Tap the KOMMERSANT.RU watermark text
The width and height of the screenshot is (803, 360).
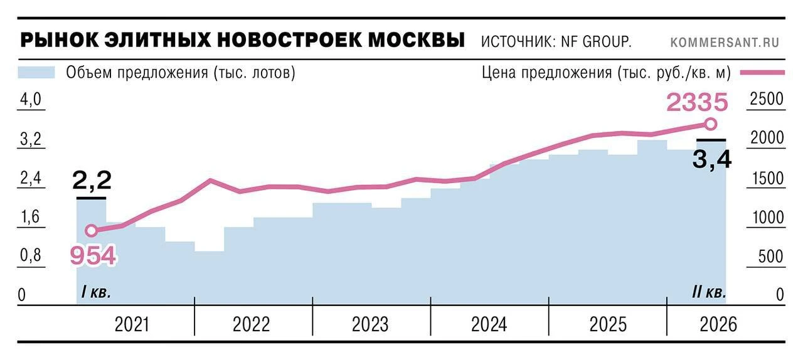725,42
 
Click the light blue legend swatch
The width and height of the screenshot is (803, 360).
36,72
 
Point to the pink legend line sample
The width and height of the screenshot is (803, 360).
762,72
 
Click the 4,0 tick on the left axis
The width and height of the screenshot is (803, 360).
31,99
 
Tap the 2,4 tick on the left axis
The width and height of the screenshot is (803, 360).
31,177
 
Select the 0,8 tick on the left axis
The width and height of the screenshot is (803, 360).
31,255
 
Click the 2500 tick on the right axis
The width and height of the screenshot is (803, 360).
767,98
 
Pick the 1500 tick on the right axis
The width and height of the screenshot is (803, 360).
767,178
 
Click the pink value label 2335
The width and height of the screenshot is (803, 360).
697,102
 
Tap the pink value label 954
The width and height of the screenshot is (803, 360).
93,255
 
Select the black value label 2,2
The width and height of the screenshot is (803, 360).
92,180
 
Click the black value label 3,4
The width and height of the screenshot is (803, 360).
712,159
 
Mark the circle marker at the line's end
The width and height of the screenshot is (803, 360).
710,124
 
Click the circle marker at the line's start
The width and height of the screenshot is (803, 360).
92,231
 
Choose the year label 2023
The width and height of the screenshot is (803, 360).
370,324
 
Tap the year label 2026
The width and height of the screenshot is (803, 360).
718,324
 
